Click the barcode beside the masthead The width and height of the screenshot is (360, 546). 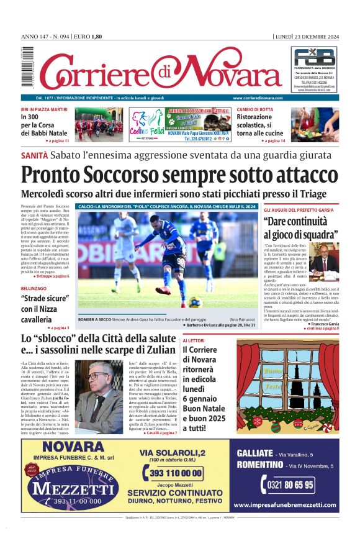tap(26, 68)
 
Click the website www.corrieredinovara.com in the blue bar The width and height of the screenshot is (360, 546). tap(259, 98)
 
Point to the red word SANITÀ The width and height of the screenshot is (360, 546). tap(34, 155)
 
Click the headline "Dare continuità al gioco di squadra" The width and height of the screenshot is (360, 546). tap(300, 228)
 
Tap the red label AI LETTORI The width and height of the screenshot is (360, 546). tap(193, 341)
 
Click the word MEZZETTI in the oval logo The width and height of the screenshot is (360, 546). tap(66, 488)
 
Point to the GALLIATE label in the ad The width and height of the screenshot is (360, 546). tap(255, 453)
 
